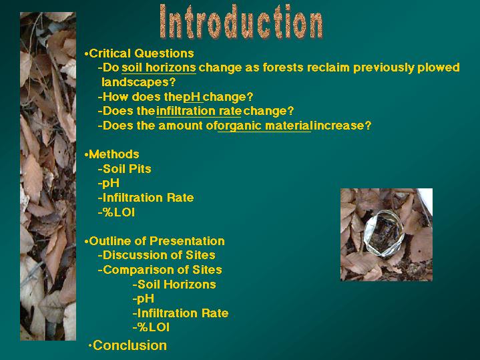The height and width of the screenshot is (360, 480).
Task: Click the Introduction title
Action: (241, 21)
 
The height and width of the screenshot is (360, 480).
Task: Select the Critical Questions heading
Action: (142, 53)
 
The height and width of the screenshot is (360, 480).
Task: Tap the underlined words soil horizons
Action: (159, 67)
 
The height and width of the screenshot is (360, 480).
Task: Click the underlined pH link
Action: (192, 97)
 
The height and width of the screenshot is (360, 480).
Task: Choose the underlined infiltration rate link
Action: (199, 111)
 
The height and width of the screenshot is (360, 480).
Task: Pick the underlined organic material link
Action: (265, 126)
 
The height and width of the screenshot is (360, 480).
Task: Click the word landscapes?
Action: (139, 82)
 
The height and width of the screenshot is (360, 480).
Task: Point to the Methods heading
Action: (114, 154)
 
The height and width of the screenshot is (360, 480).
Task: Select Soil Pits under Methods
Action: (127, 169)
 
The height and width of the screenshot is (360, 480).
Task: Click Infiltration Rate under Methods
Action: (148, 198)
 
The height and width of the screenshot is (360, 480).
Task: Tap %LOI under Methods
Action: (119, 212)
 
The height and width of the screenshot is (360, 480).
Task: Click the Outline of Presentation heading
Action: (157, 241)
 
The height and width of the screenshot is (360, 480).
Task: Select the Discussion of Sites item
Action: (159, 255)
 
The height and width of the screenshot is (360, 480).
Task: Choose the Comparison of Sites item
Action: (162, 270)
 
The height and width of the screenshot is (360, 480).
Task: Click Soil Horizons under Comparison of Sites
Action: (177, 285)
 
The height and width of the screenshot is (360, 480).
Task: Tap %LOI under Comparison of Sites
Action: (154, 327)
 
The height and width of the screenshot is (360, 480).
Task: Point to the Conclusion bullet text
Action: (130, 345)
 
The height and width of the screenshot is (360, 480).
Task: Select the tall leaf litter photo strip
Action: (48, 176)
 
